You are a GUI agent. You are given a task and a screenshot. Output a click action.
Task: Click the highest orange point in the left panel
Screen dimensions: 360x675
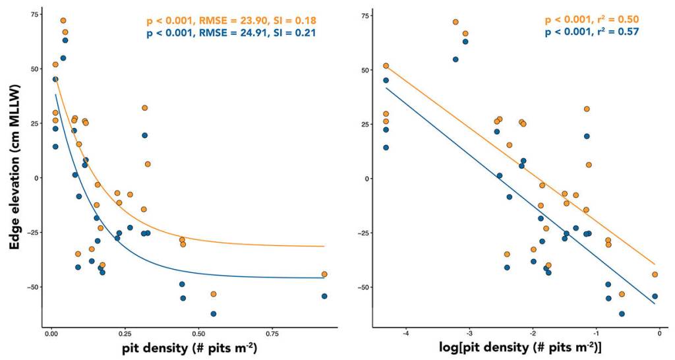click(x=63, y=20)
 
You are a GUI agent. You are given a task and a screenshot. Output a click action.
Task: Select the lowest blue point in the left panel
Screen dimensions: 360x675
click(x=214, y=314)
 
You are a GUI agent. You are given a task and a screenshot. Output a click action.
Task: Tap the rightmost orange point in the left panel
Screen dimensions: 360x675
click(x=324, y=274)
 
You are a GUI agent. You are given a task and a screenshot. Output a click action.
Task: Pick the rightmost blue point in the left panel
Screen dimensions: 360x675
click(x=324, y=296)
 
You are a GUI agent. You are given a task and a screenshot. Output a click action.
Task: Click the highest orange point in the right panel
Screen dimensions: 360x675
click(x=455, y=22)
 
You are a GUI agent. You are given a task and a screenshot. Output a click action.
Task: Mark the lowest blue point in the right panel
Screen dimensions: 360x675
click(x=622, y=314)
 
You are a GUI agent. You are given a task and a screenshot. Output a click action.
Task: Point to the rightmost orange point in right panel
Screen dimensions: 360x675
click(x=655, y=274)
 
